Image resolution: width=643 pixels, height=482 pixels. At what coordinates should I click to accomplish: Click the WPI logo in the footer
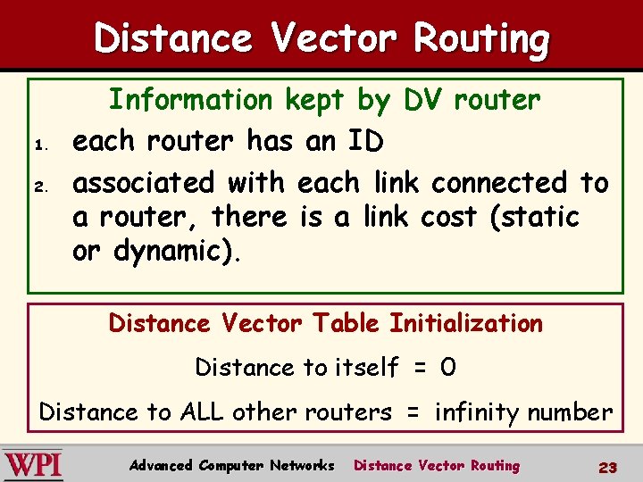[x=33, y=465]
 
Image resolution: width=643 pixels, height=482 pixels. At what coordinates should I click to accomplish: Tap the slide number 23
[x=608, y=466]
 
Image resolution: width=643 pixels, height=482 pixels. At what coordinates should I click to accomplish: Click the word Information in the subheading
[x=192, y=100]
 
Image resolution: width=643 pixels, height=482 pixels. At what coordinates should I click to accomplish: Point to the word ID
[x=366, y=141]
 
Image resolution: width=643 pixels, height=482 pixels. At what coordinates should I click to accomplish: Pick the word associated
[x=145, y=183]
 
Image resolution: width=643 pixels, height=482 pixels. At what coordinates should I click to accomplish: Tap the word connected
[x=500, y=183]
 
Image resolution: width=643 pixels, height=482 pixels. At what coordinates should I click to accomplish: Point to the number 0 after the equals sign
[x=448, y=367]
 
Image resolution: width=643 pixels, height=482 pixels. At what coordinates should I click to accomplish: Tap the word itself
[x=366, y=367]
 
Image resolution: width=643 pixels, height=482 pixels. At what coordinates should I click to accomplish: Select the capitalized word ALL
[x=201, y=411]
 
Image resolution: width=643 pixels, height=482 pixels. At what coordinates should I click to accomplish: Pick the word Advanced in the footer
[x=161, y=465]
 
